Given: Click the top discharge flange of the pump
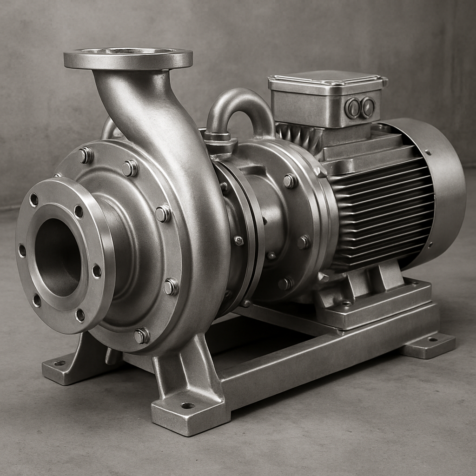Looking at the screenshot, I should tap(128, 59).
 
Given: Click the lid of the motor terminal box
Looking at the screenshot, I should tap(327, 82).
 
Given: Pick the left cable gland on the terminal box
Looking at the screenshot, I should tap(352, 108).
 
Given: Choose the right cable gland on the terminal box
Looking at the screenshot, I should tap(368, 107).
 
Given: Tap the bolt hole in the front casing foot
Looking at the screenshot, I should tap(187, 405).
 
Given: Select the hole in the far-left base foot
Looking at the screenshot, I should tap(59, 363).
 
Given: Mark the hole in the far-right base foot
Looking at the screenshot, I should tap(433, 340).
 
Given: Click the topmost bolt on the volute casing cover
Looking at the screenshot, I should tap(86, 155).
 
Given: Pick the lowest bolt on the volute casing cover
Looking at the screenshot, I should tap(141, 335).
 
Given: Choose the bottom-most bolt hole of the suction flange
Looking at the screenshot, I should tap(80, 315).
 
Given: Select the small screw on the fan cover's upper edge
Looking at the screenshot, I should tap(427, 152).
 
